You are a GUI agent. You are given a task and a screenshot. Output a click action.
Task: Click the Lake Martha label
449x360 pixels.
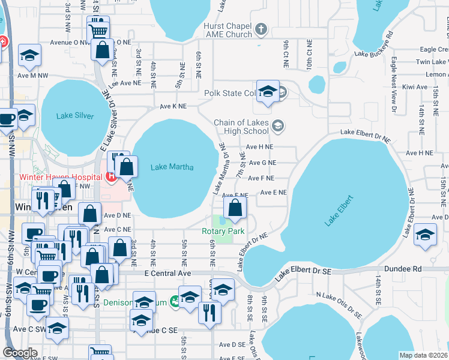172,167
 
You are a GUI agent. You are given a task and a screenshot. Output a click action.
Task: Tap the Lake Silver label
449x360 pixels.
75,116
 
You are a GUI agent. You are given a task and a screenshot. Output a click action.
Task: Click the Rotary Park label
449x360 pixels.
223,231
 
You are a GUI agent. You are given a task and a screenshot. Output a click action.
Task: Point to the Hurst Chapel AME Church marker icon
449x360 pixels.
261,28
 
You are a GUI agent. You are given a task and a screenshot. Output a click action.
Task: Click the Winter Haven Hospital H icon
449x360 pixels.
110,177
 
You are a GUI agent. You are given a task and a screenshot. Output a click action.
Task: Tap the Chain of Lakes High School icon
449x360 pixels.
277,126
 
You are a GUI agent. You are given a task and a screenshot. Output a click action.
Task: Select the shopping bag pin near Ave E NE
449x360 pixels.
235,208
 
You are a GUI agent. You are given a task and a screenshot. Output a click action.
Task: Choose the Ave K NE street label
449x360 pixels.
173,106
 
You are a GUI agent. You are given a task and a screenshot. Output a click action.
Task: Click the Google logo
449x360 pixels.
20,353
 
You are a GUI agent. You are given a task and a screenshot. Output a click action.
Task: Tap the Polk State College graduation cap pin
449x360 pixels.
268,91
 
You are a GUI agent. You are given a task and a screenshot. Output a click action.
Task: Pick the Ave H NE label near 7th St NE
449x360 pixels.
259,146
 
